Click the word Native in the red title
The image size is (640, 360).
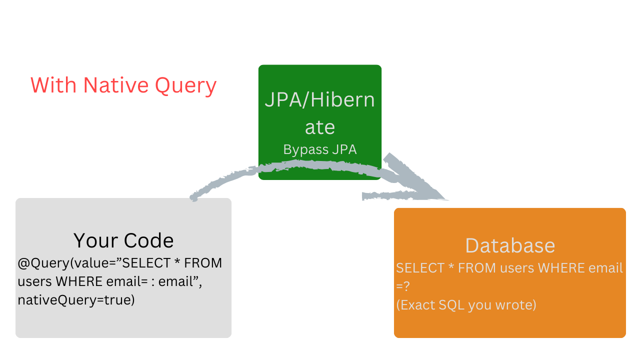tap(116, 85)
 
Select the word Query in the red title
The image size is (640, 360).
tap(185, 86)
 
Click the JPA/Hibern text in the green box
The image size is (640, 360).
tap(319, 100)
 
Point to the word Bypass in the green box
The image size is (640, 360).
tap(301, 149)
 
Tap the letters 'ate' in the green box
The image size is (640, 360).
tap(319, 127)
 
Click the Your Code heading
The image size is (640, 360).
tap(123, 240)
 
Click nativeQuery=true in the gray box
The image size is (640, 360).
tap(76, 300)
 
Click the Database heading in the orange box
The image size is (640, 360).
tap(510, 245)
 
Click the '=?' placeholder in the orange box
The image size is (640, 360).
tap(403, 286)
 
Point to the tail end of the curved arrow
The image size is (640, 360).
tap(194, 197)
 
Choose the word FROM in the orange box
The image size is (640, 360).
tap(477, 268)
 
